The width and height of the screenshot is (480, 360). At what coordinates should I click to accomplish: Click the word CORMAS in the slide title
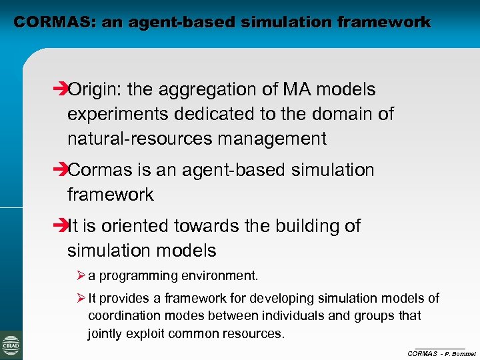54,22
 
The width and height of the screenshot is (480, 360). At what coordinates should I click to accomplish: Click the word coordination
120,315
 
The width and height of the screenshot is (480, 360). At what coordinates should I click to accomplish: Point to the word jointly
104,333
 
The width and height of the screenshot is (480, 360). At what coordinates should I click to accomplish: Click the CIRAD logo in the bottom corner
11,345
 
